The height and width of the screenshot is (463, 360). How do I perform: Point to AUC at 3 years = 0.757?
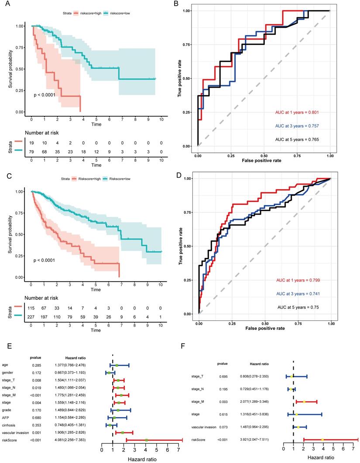(300, 126)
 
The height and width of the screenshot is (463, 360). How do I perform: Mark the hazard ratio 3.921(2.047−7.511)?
(257, 437)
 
